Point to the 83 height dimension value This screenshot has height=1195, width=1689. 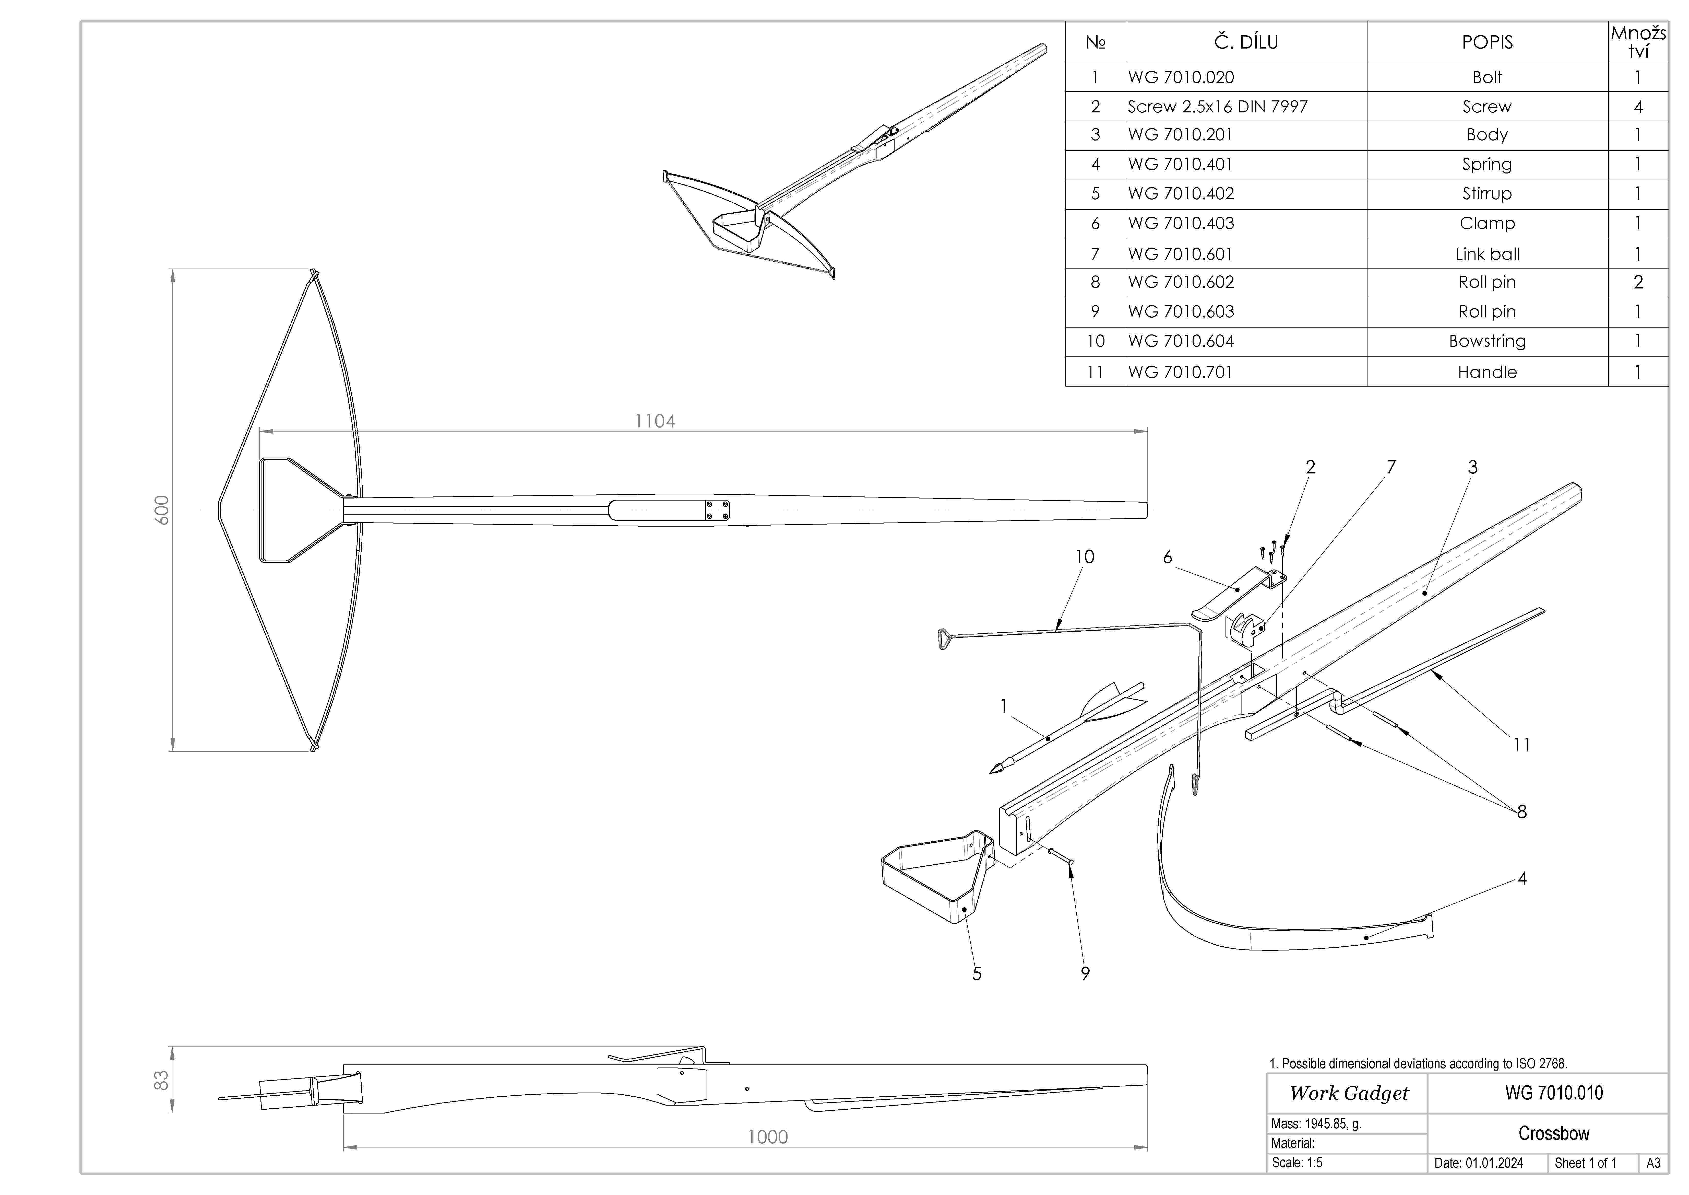pyautogui.click(x=161, y=1080)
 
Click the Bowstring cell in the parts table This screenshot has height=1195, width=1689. pyautogui.click(x=1487, y=341)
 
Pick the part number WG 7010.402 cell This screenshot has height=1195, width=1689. pyautogui.click(x=1181, y=193)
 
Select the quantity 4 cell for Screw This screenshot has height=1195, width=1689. pyautogui.click(x=1637, y=107)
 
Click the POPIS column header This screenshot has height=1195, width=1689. pyautogui.click(x=1487, y=42)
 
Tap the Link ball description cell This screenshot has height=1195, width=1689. pyautogui.click(x=1487, y=254)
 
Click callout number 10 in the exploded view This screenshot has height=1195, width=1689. pyautogui.click(x=1084, y=557)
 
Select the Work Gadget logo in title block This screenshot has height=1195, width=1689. pyautogui.click(x=1348, y=1094)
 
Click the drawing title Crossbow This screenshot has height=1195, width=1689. pyautogui.click(x=1554, y=1133)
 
